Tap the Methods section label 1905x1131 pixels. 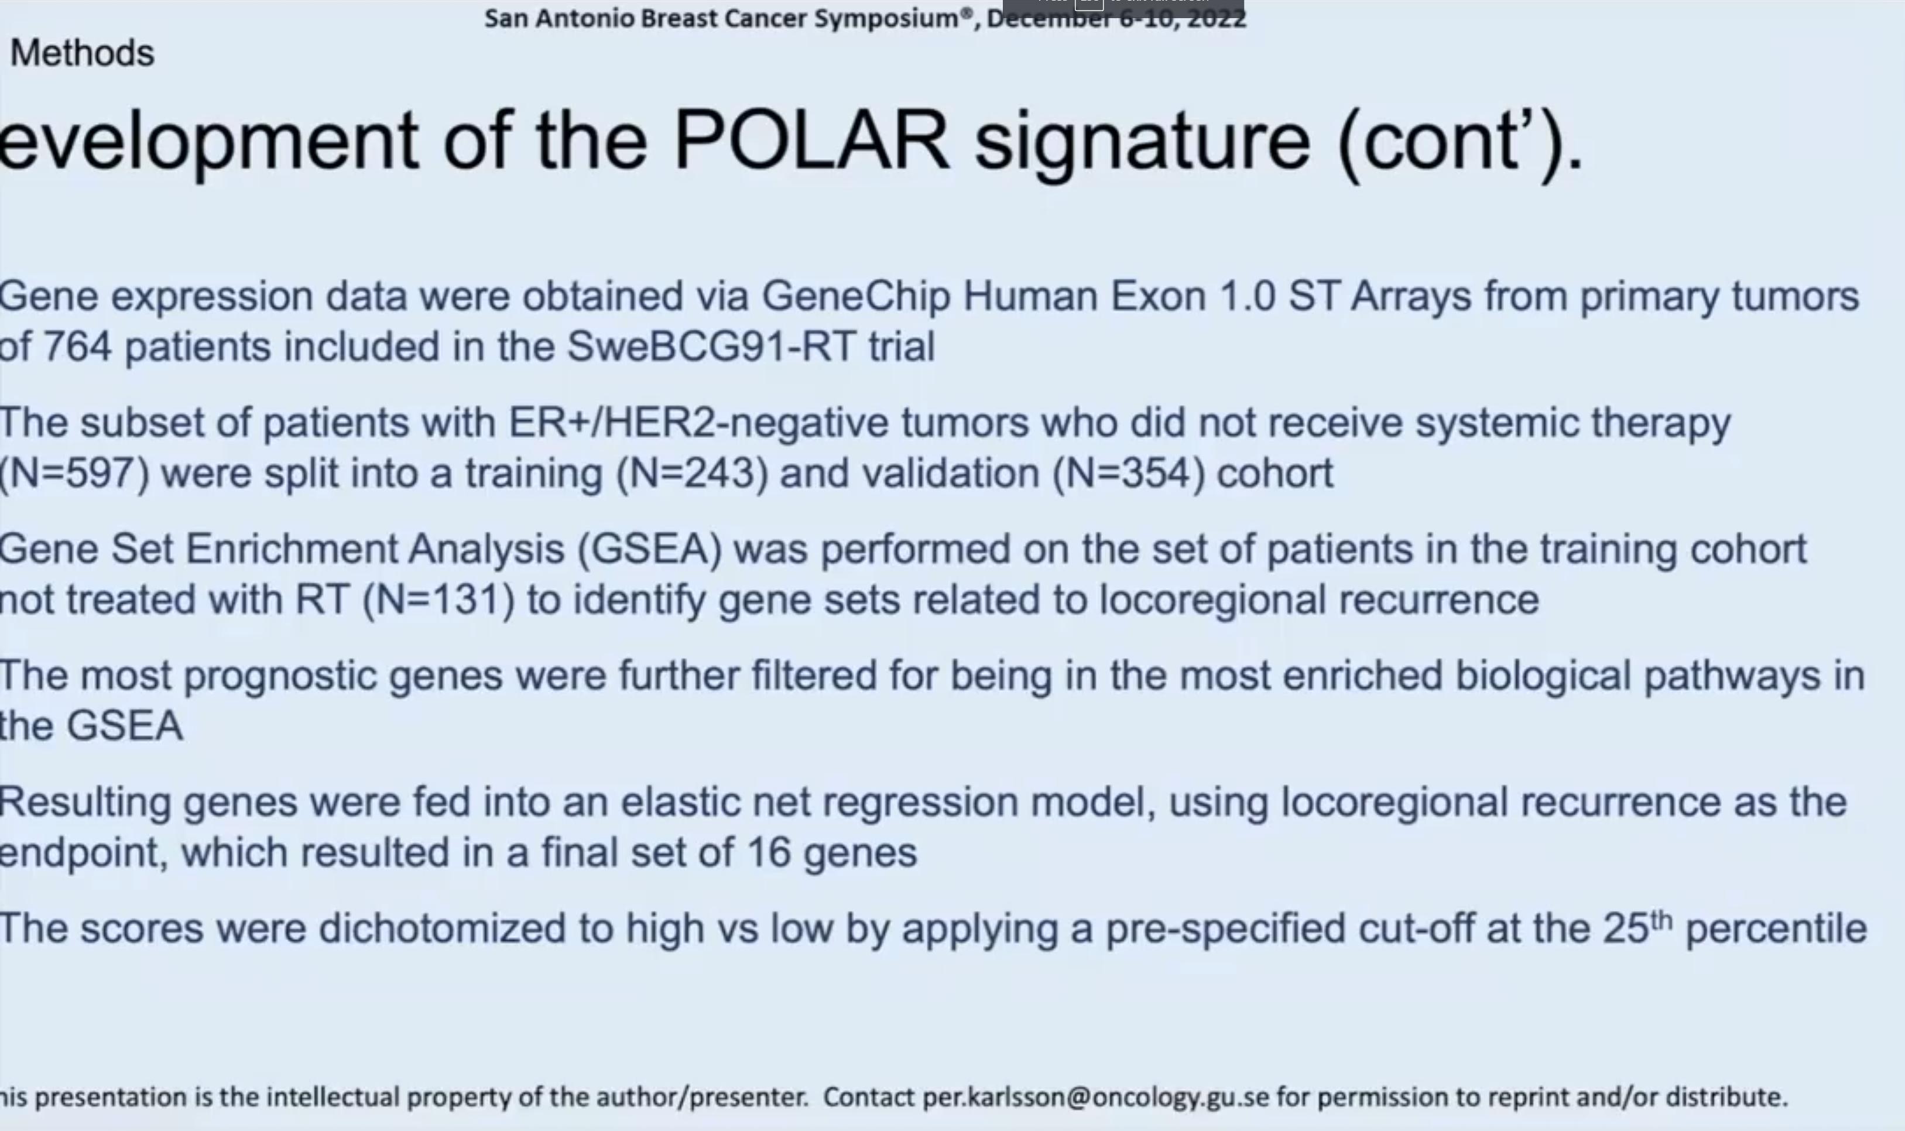click(x=83, y=53)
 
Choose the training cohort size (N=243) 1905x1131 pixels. click(x=692, y=473)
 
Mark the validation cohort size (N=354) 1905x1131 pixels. click(x=1129, y=473)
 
